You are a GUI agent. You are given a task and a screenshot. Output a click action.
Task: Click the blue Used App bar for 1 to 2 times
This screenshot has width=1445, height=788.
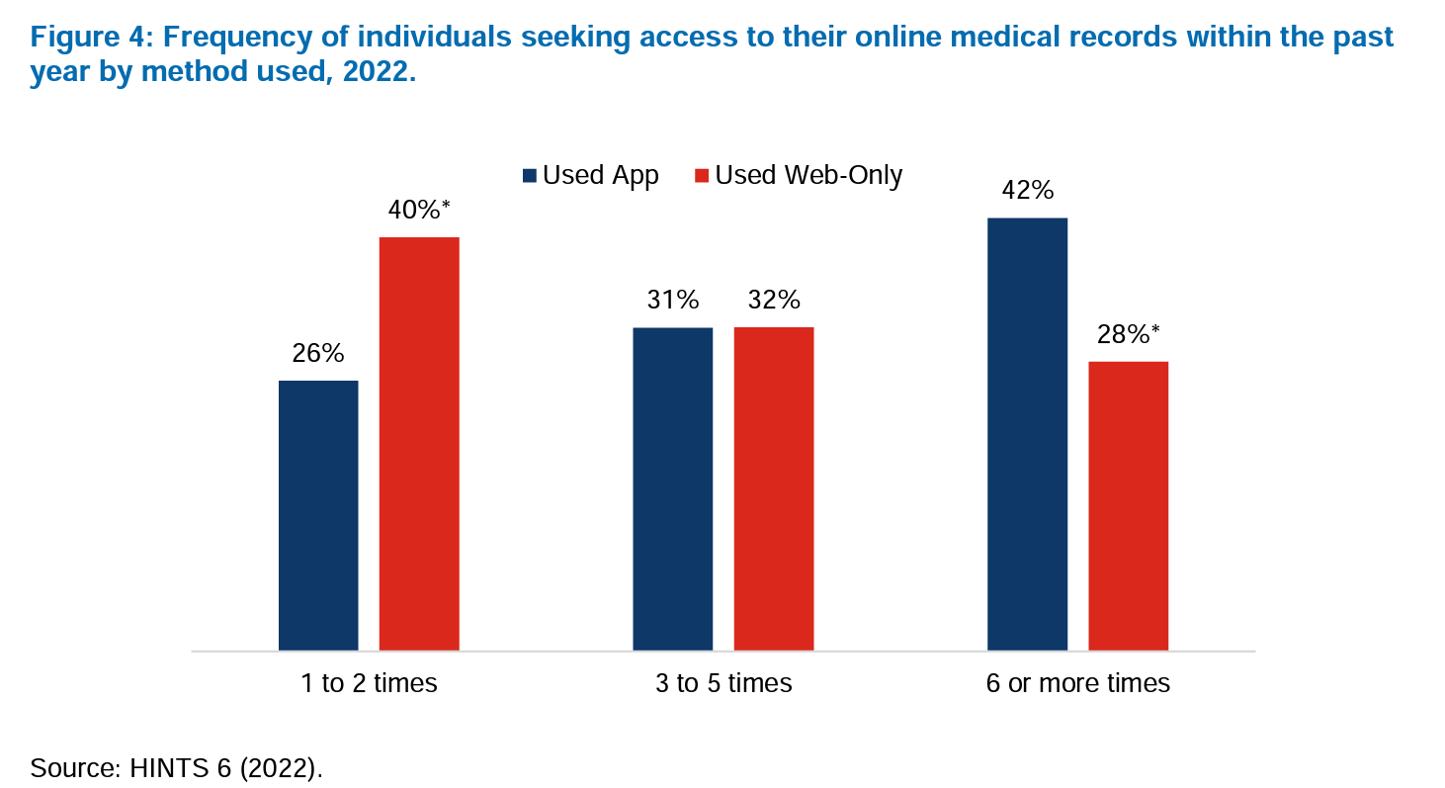[318, 514]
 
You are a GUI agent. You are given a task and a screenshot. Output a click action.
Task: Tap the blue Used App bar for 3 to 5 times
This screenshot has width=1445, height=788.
[672, 488]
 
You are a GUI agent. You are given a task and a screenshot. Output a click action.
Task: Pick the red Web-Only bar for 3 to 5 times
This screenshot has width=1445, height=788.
[773, 488]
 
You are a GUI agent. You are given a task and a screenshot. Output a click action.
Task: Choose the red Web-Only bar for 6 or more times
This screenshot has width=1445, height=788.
[1129, 505]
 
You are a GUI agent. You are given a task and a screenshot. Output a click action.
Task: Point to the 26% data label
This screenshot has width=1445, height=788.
[318, 353]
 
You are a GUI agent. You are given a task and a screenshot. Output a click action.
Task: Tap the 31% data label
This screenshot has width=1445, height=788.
[673, 300]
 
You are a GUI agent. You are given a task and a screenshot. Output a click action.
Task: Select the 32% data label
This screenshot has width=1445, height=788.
[774, 300]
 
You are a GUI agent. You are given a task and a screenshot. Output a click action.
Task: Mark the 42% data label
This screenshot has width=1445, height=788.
[1028, 190]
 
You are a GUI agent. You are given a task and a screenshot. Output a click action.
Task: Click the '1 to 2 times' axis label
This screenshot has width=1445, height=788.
[369, 683]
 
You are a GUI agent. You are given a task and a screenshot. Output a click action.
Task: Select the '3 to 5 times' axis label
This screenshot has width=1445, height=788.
[723, 683]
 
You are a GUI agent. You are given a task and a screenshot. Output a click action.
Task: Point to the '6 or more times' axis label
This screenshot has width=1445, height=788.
[1077, 683]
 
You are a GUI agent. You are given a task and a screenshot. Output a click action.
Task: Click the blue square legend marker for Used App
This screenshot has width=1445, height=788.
[530, 176]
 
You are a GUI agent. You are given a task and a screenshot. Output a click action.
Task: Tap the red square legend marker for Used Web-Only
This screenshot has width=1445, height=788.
[702, 176]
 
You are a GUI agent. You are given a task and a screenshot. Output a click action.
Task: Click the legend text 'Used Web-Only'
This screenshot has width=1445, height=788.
[808, 175]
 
